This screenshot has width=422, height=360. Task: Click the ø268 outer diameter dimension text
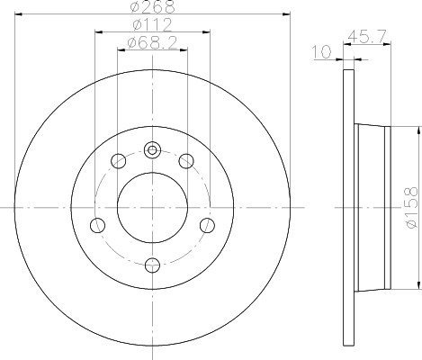(152, 6)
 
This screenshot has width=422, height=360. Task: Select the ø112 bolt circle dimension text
(152, 24)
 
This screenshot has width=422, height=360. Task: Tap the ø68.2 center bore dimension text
(152, 43)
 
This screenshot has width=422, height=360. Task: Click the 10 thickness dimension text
(322, 52)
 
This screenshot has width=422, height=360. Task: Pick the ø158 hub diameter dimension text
(411, 208)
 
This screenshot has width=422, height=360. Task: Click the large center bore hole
(152, 208)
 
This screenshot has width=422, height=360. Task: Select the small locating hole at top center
(152, 150)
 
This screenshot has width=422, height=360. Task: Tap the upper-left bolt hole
(118, 161)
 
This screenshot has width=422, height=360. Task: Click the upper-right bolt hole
(186, 161)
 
